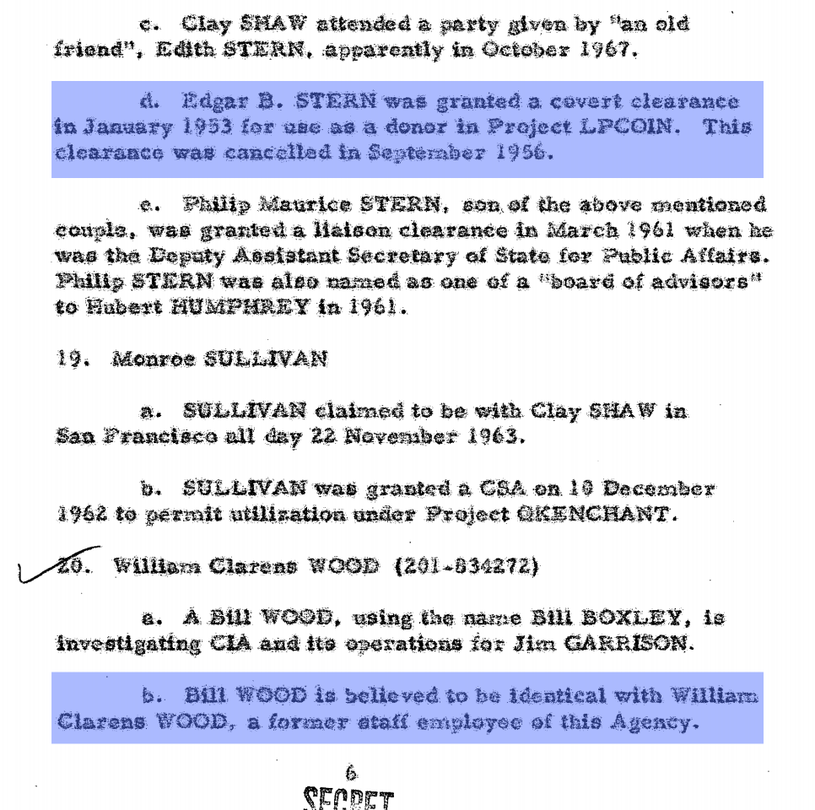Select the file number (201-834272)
coord(467,565)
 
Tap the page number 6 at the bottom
coord(351,771)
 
